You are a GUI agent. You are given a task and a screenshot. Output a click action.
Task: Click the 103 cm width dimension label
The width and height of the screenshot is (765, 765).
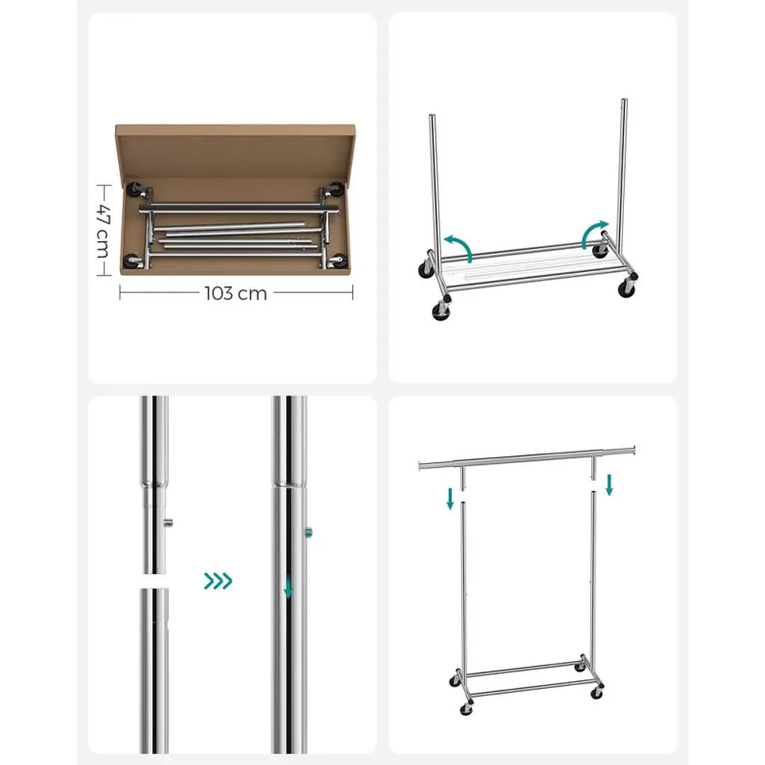pyautogui.click(x=235, y=293)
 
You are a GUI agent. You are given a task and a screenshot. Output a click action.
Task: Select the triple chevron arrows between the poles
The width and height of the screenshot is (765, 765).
pyautogui.click(x=218, y=581)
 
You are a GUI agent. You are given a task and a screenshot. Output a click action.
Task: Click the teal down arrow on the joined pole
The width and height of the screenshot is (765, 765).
pyautogui.click(x=288, y=587)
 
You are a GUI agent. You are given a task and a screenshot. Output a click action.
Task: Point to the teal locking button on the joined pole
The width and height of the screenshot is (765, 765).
pyautogui.click(x=309, y=532)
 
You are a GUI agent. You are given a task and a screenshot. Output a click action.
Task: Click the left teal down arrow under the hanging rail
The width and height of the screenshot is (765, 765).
pyautogui.click(x=450, y=498)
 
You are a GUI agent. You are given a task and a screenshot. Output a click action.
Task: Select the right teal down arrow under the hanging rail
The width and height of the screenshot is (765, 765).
pyautogui.click(x=610, y=485)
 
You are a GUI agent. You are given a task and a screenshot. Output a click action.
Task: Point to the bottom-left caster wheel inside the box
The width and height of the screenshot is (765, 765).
pyautogui.click(x=131, y=261)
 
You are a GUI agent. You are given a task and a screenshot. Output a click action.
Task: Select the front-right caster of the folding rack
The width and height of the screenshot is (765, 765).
pyautogui.click(x=627, y=290)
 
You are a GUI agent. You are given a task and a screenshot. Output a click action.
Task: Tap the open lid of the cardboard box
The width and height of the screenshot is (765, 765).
pyautogui.click(x=235, y=151)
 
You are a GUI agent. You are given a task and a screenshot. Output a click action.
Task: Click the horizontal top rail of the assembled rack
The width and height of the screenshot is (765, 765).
pyautogui.click(x=527, y=458)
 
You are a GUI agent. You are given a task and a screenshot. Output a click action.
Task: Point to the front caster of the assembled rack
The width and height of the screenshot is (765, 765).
pyautogui.click(x=466, y=708)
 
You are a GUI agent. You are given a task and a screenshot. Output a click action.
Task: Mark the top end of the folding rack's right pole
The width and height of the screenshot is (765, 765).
pyautogui.click(x=624, y=100)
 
